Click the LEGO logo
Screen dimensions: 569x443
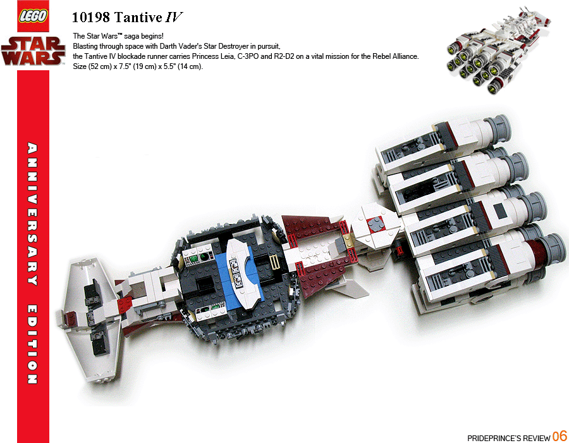tap(33, 16)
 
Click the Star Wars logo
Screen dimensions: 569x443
tap(33, 51)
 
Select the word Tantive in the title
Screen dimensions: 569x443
tap(138, 18)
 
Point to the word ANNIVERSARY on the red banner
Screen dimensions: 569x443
tap(33, 214)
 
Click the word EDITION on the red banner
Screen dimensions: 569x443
tap(33, 344)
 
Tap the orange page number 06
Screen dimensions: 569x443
tap(560, 436)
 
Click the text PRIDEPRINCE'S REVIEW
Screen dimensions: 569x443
tap(509, 438)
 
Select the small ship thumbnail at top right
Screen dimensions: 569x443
tap(499, 50)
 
